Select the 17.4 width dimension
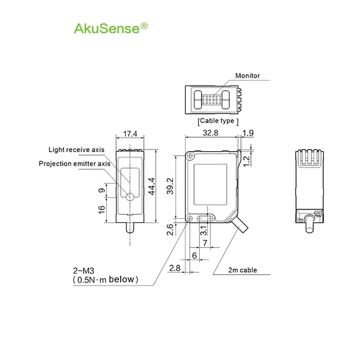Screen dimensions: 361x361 (130, 134)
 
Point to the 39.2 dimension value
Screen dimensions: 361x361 (170, 184)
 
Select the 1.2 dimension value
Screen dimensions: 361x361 (246, 161)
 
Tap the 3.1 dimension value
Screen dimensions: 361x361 (204, 230)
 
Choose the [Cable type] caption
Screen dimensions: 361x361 (218, 121)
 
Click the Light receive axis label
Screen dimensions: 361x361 (76, 149)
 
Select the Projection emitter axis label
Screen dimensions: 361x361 (74, 164)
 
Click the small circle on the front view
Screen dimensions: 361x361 (130, 197)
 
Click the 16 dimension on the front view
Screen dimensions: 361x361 (102, 209)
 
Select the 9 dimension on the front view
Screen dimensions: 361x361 (102, 191)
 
